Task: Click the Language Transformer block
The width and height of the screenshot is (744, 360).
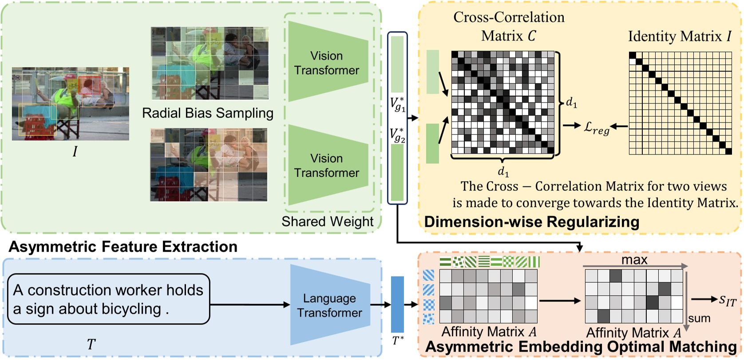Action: pos(330,305)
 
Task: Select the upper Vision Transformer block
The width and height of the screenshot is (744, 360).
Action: pos(327,63)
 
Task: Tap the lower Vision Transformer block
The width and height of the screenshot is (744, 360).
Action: pos(327,165)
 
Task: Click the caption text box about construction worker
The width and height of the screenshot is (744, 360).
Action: pos(108,299)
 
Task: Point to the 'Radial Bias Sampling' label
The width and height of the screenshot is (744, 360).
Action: pos(207,113)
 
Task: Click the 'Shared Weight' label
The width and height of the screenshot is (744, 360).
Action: pos(327,221)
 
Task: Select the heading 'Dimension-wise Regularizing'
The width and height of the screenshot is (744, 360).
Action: pos(531,221)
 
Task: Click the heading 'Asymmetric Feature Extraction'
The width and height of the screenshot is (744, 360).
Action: pos(123,246)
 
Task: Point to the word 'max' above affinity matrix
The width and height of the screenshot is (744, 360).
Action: pos(634,260)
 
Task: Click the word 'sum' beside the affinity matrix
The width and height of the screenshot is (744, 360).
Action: pos(699,318)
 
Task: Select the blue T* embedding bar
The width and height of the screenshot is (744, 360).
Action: pos(397,304)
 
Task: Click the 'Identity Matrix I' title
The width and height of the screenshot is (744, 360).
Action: pos(679,36)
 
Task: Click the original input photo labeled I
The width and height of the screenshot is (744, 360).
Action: pos(70,103)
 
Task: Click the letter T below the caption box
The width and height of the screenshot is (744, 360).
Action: pos(91,344)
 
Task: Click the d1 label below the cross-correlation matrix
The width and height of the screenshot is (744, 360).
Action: pos(503,171)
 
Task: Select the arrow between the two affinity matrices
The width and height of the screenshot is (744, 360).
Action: pos(559,301)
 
